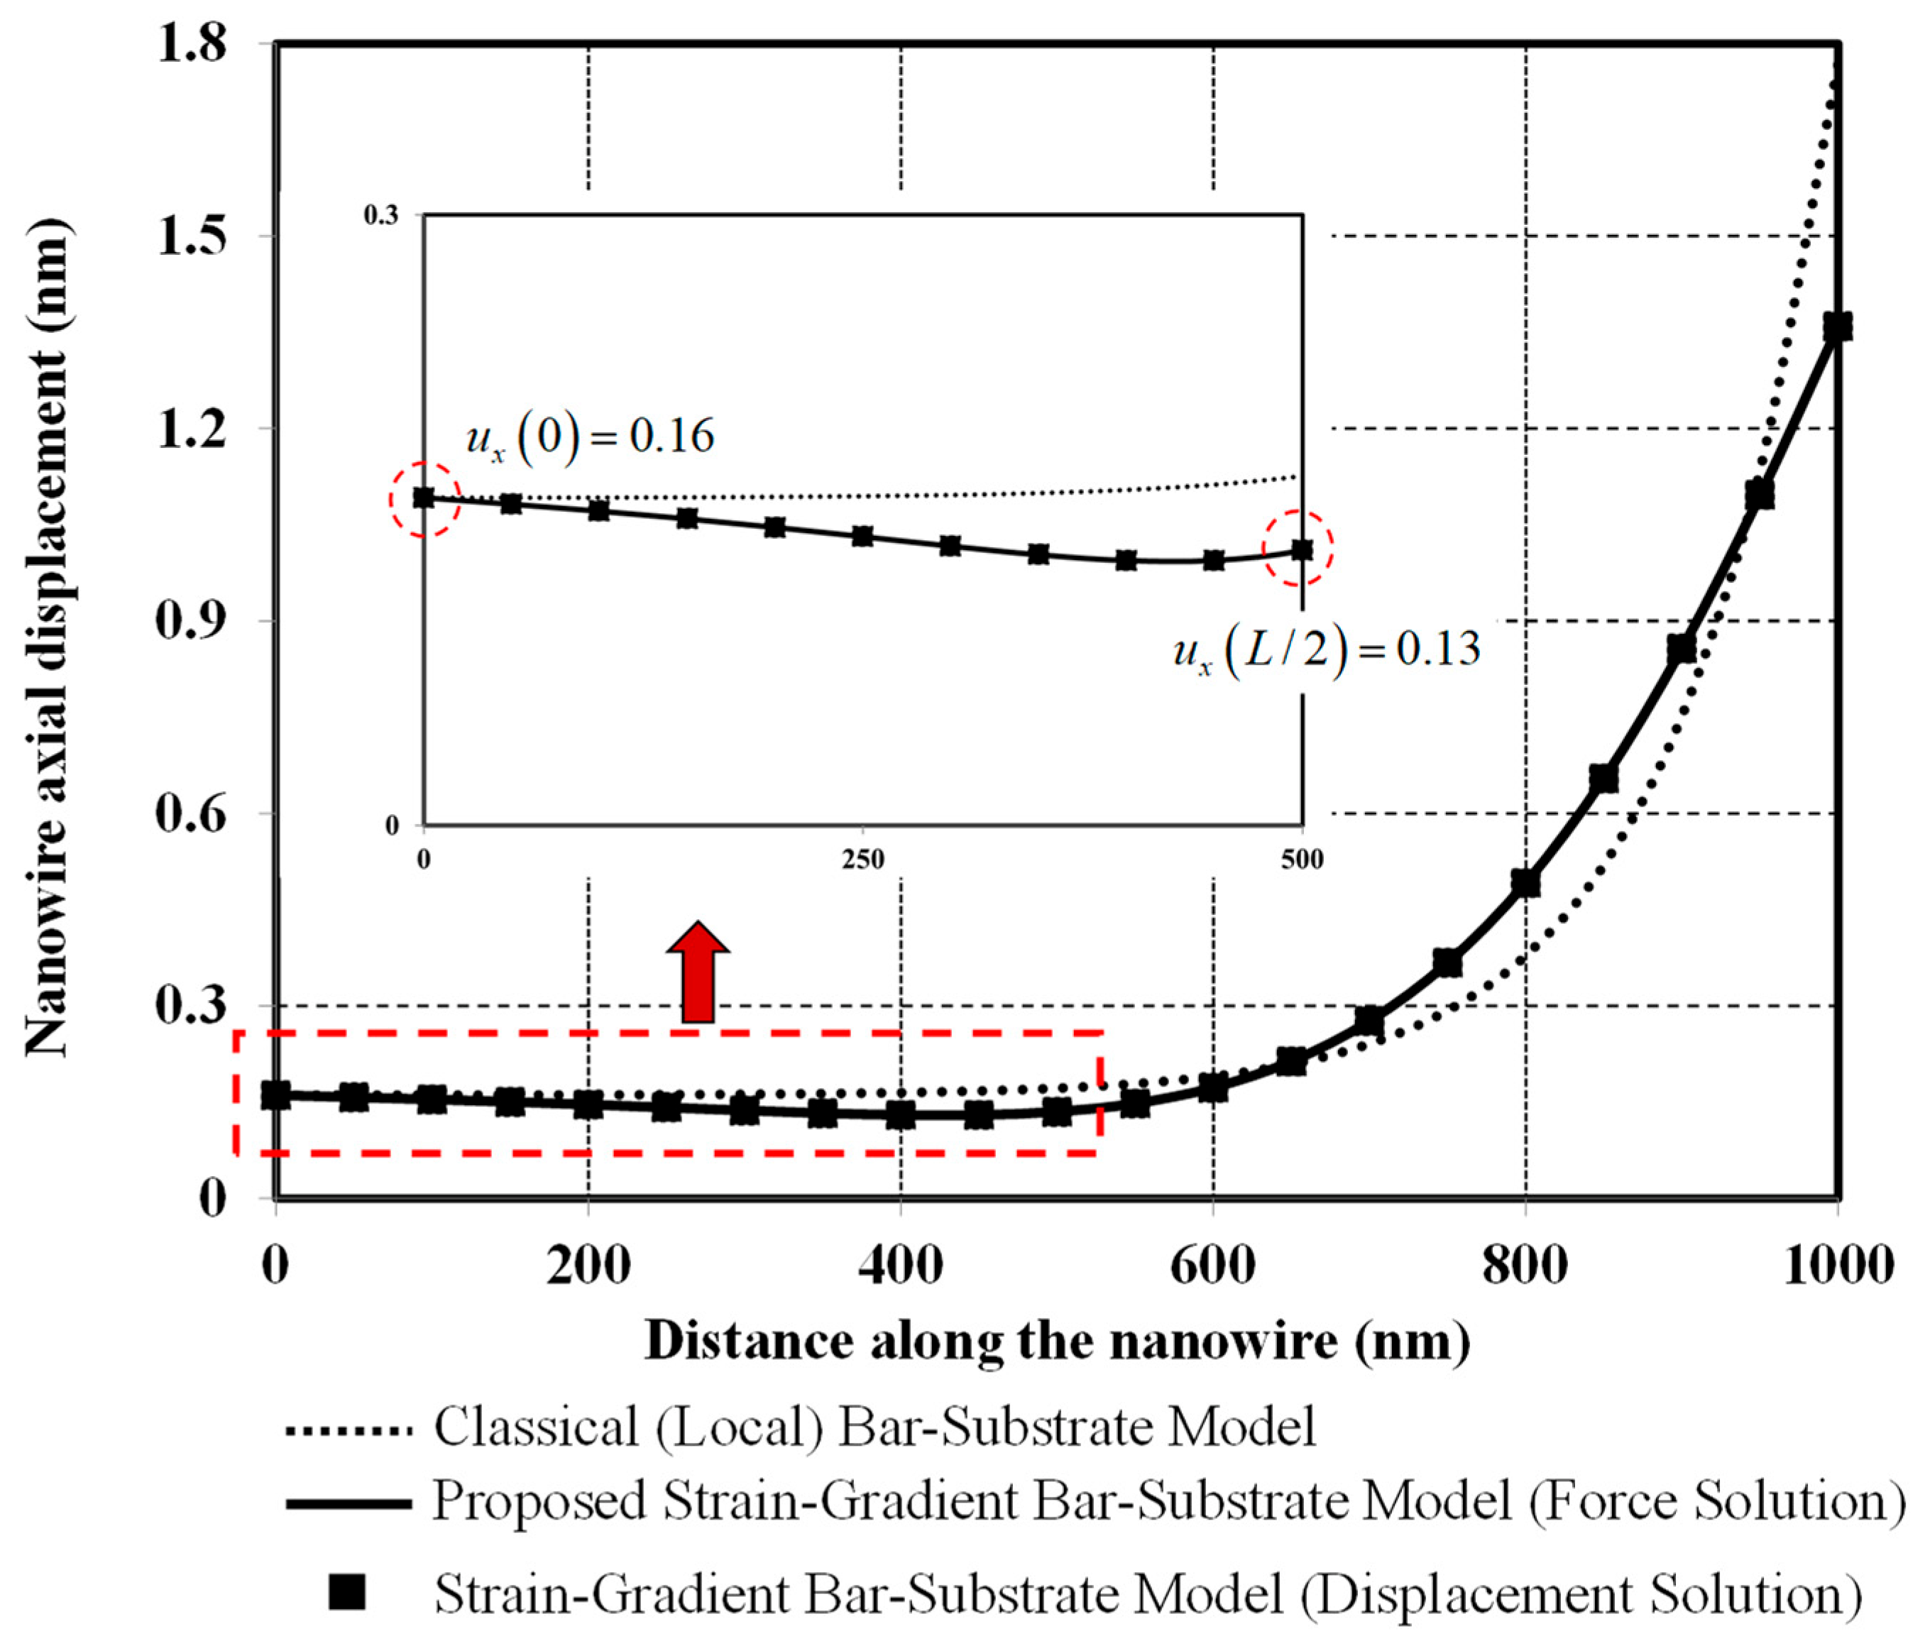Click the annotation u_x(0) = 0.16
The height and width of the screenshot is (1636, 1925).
(x=590, y=436)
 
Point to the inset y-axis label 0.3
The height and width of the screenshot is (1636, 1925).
(x=380, y=216)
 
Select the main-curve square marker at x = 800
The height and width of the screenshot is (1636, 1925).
(x=1525, y=882)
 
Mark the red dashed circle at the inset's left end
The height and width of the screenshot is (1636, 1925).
(x=424, y=499)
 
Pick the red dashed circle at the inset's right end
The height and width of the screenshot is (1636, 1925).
(x=1301, y=549)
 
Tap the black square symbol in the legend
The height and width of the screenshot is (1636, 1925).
(x=347, y=1593)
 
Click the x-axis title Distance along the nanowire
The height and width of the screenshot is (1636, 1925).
(x=1057, y=1341)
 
